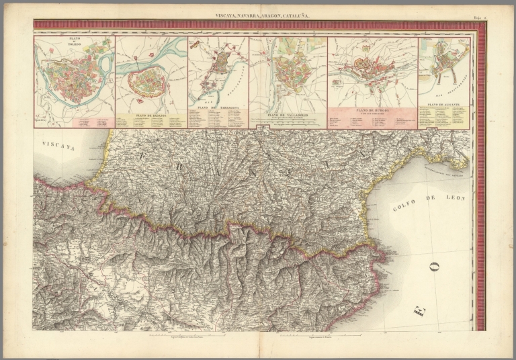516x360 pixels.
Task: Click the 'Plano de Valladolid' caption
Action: [288, 114]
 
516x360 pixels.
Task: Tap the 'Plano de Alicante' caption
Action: [443, 106]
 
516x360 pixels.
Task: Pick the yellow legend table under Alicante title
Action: [443, 118]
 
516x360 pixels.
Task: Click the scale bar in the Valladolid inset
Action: [288, 122]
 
